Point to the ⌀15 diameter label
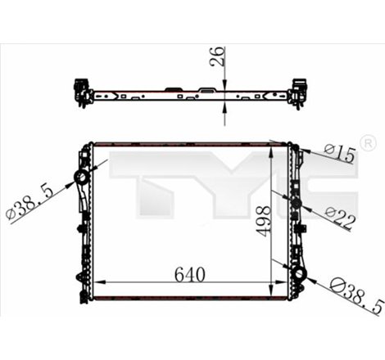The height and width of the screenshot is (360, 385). click(x=341, y=153)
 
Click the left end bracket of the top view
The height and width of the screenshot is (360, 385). click(x=82, y=91)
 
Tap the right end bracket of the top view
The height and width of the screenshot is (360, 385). click(x=300, y=89)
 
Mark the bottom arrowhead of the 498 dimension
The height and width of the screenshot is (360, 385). click(x=273, y=295)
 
